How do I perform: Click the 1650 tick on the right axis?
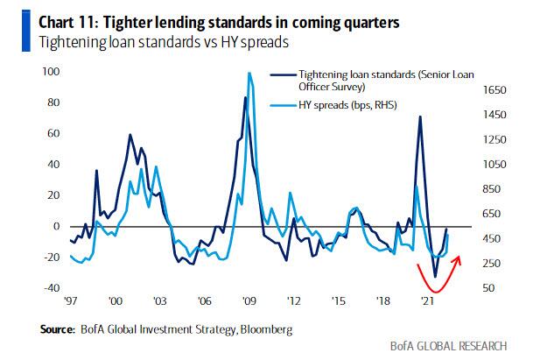tap(495, 90)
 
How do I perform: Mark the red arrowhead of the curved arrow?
tap(460, 257)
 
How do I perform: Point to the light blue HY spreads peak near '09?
tap(250, 74)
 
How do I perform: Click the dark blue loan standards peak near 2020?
tap(420, 116)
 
